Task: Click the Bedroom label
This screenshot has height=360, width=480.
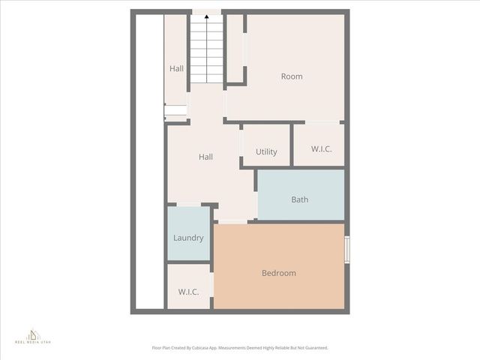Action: click(278, 273)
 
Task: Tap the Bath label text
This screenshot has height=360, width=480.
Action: click(299, 199)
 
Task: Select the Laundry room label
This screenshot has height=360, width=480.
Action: click(188, 238)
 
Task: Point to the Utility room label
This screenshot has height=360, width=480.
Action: click(266, 151)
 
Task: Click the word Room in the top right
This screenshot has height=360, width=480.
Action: click(292, 76)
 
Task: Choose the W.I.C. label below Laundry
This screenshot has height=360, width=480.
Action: click(188, 292)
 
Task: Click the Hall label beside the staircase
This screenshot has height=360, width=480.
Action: click(176, 69)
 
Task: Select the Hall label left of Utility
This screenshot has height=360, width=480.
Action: click(205, 157)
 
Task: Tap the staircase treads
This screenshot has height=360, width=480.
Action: click(206, 52)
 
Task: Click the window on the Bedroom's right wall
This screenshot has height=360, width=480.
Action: click(347, 250)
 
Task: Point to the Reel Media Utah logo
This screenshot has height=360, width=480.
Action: click(33, 336)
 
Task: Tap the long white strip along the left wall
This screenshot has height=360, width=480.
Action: click(148, 165)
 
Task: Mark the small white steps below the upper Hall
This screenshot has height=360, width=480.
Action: click(175, 111)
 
